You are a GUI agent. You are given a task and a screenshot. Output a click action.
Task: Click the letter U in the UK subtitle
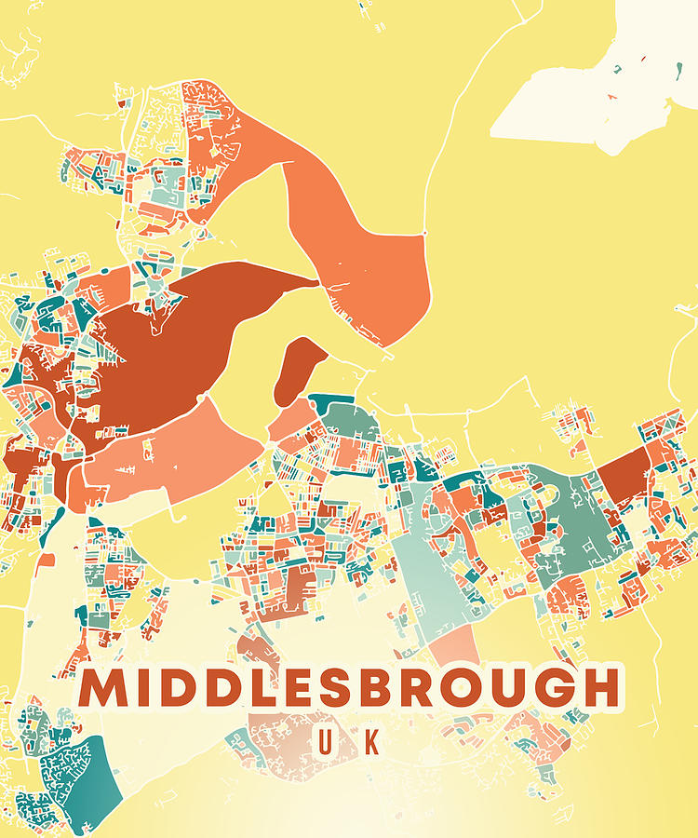tap(326, 742)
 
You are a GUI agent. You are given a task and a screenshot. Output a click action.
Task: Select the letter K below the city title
tap(371, 742)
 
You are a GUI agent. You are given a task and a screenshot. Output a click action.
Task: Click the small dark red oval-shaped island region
tap(300, 369)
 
